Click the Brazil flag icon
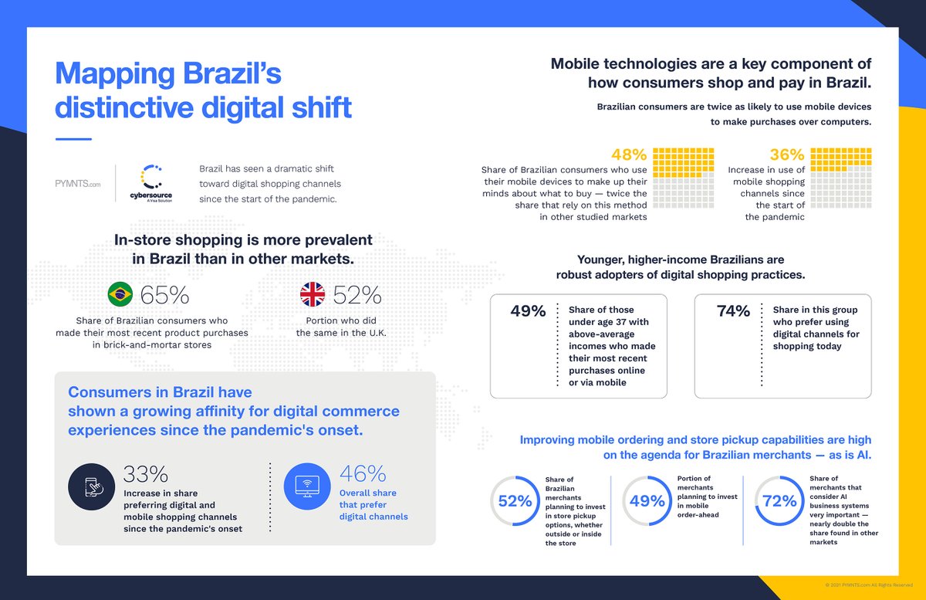[120, 294]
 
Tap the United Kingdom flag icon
[313, 294]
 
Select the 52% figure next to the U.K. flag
[357, 295]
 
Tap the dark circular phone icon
[91, 487]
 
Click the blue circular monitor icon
[307, 487]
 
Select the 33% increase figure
[146, 473]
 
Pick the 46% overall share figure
[363, 473]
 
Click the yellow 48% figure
[628, 154]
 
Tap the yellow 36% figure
[787, 154]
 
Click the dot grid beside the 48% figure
[683, 178]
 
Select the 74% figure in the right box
[733, 311]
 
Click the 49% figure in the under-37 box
[528, 311]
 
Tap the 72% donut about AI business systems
[779, 500]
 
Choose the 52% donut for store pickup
[515, 500]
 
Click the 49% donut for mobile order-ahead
[647, 500]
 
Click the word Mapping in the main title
[115, 76]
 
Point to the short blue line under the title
[73, 139]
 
